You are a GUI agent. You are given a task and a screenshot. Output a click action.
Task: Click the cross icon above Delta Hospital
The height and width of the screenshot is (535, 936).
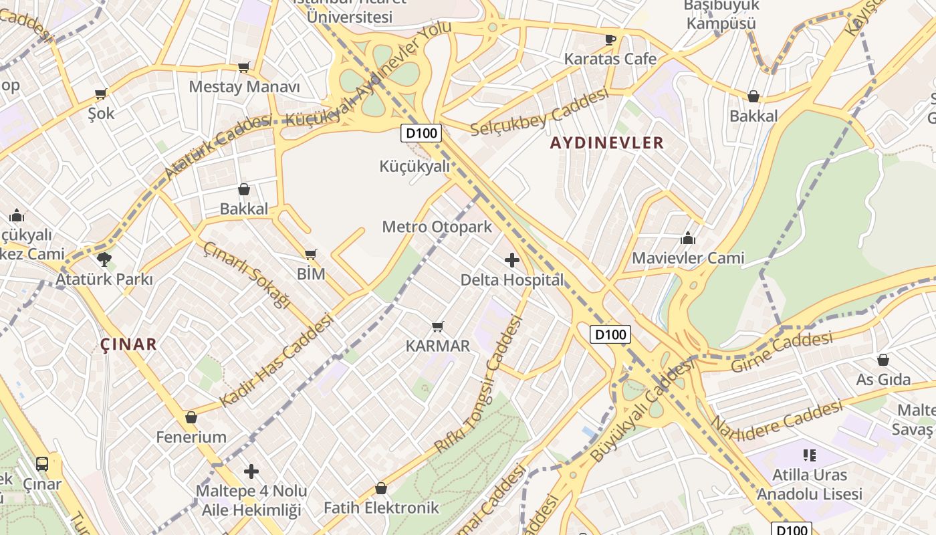[512, 260]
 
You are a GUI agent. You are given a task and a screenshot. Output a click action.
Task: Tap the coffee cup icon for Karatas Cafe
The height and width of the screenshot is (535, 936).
[610, 39]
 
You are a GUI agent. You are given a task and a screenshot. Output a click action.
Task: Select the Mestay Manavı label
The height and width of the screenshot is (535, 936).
[244, 87]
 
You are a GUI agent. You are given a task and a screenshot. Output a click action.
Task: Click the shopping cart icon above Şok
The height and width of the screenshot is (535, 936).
[101, 94]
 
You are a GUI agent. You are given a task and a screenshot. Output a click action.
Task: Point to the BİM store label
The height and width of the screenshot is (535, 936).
[311, 274]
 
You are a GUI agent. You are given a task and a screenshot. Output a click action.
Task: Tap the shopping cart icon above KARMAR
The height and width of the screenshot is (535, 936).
[438, 326]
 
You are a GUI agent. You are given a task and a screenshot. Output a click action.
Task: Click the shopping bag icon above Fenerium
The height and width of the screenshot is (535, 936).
[191, 418]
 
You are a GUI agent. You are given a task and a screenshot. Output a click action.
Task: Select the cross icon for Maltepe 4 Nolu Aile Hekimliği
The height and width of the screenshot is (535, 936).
[251, 471]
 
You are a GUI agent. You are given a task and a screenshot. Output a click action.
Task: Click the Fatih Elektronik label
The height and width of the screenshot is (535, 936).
[381, 508]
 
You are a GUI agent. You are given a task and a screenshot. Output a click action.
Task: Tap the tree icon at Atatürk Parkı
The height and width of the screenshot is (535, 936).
[104, 259]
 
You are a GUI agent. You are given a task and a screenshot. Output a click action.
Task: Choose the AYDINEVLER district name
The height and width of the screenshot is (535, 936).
[607, 142]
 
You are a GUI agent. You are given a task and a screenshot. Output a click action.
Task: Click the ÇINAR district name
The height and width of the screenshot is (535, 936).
[128, 344]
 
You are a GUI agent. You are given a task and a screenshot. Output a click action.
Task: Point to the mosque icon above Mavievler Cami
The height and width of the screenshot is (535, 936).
[688, 238]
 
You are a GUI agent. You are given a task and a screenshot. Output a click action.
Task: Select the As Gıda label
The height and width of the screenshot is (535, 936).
[883, 380]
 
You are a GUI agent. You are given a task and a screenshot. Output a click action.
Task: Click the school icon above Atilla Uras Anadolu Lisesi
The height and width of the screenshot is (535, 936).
[810, 456]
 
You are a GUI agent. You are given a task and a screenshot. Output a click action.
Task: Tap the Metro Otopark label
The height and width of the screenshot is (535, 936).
[437, 227]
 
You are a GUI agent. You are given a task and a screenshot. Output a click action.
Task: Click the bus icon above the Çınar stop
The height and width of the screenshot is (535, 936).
[42, 463]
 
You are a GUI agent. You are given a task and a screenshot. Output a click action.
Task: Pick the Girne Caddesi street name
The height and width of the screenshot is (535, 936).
[782, 352]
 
